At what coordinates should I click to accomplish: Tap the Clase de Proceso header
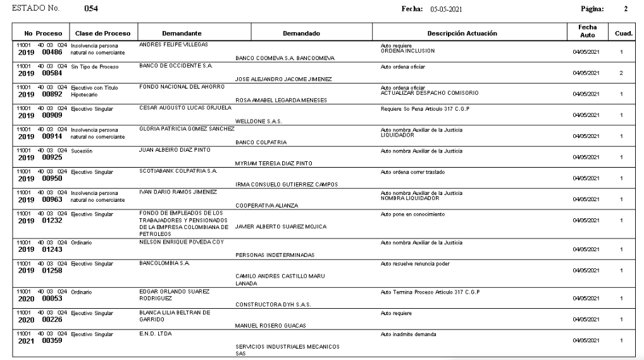98,33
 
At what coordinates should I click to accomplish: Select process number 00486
54,51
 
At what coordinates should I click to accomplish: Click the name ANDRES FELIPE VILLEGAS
174,45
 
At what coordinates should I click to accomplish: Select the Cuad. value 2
621,74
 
